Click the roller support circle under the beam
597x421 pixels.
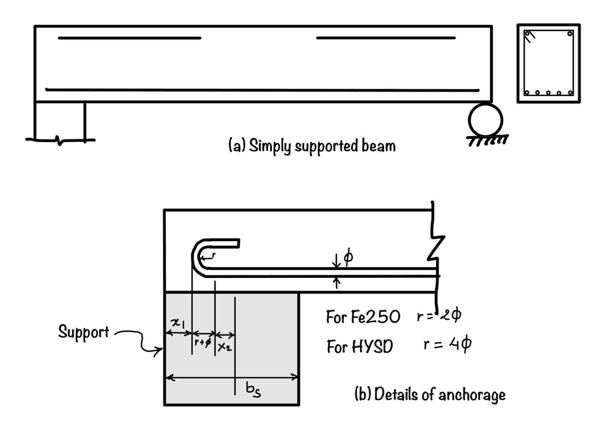[x=485, y=120]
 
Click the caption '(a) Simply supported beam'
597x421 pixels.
[x=312, y=145]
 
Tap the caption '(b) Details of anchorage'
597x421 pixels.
[x=430, y=394]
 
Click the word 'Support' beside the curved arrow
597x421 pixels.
[x=83, y=332]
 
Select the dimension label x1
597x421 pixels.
[x=178, y=323]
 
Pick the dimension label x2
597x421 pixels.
[x=224, y=347]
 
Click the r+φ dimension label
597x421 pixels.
[x=203, y=342]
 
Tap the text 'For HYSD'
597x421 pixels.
[x=360, y=347]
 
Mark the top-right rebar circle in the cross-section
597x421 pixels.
[x=570, y=34]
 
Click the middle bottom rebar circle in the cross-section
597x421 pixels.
[x=548, y=93]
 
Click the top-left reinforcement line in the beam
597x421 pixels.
[x=129, y=38]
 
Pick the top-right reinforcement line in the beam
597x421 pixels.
[x=386, y=38]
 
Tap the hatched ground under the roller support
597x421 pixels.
[x=487, y=140]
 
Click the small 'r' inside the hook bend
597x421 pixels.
[x=214, y=255]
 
